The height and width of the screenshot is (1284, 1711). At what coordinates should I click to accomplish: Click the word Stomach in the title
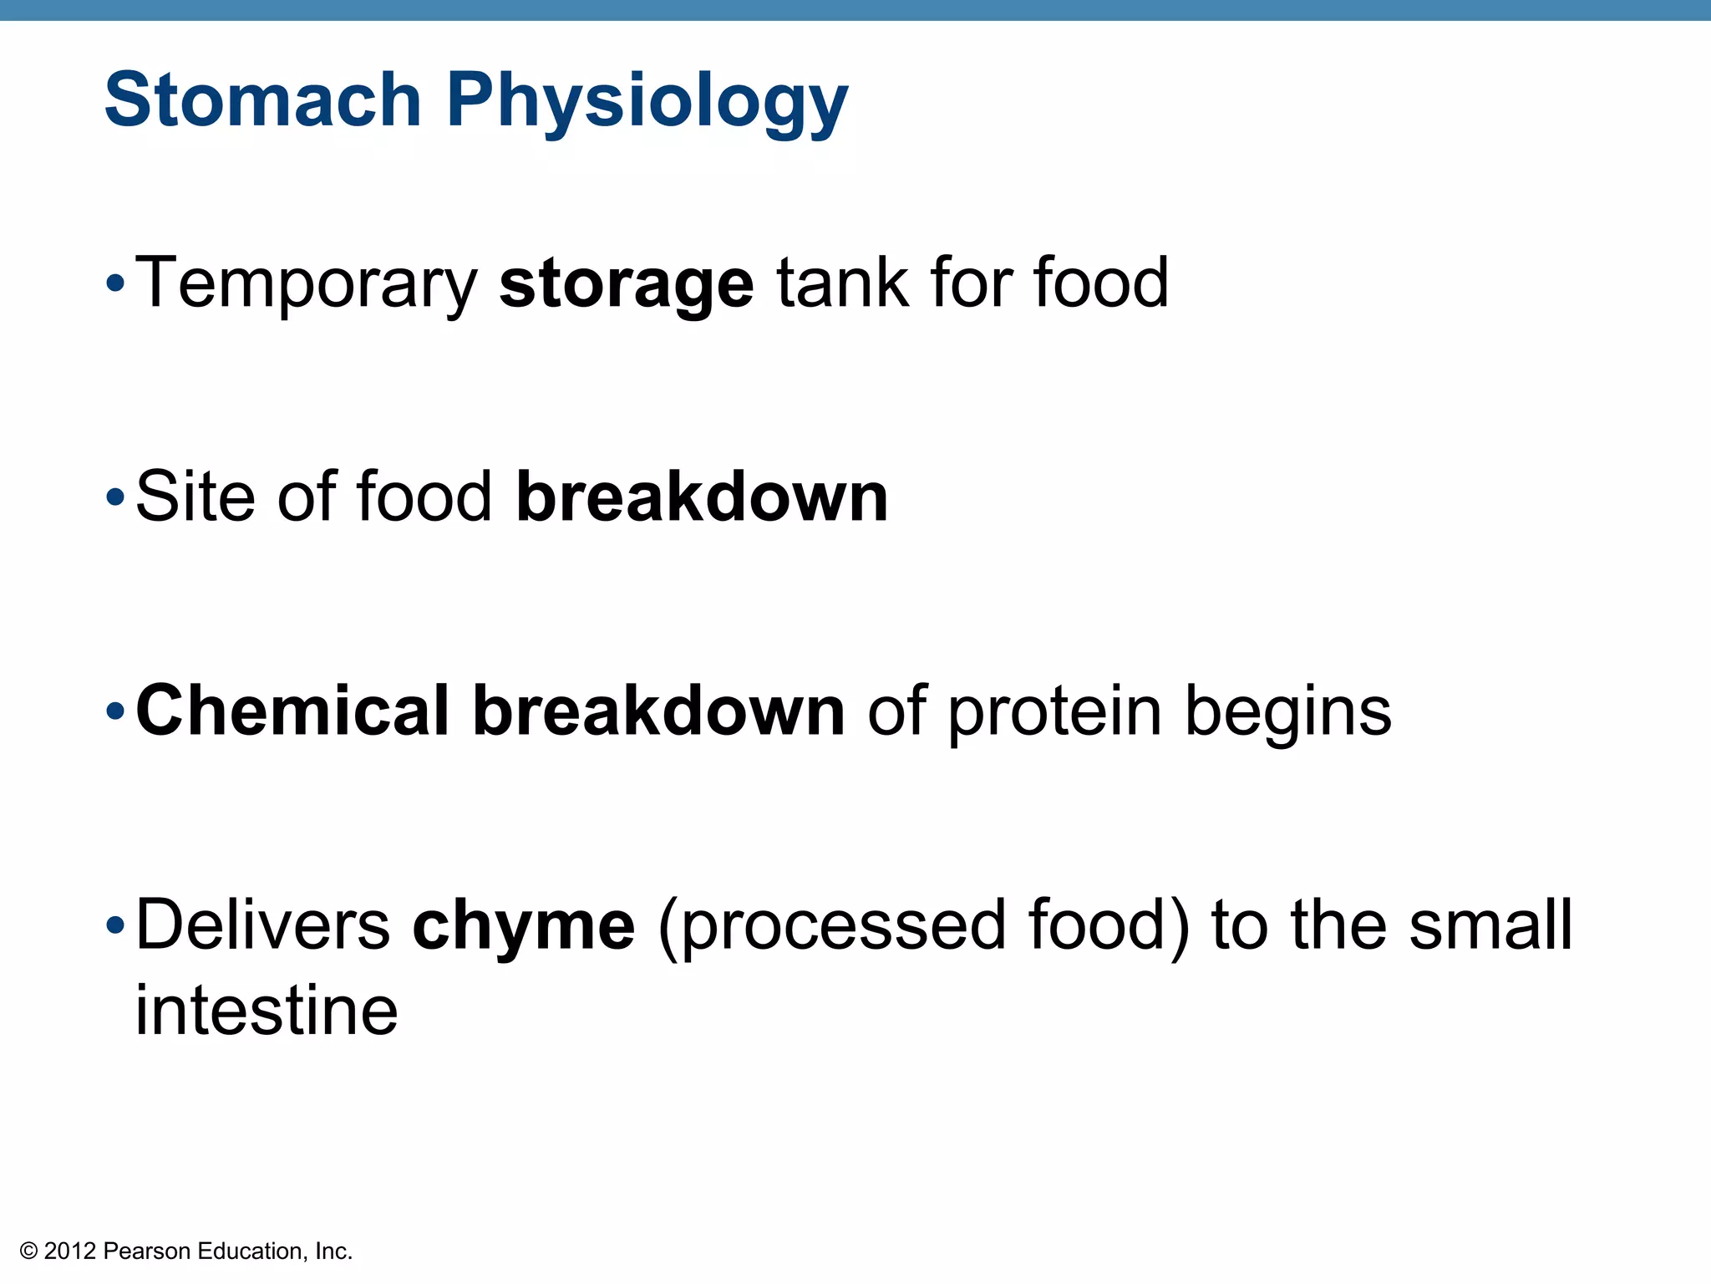pos(262,99)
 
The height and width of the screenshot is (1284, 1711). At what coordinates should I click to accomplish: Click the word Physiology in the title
pos(647,103)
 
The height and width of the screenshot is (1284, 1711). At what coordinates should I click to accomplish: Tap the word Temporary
pos(306,284)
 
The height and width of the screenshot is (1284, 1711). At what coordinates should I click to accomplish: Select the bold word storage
pos(627,286)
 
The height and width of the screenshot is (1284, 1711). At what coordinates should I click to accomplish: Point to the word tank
pos(842,283)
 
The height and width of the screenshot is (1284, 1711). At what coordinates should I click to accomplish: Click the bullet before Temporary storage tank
pos(116,284)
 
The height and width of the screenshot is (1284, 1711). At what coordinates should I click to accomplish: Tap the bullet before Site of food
pos(116,499)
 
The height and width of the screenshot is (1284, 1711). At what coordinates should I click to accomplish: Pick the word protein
pos(1054,712)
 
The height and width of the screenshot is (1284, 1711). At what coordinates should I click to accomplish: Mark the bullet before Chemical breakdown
pos(116,713)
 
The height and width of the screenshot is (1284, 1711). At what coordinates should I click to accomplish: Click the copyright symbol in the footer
pos(29,1251)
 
